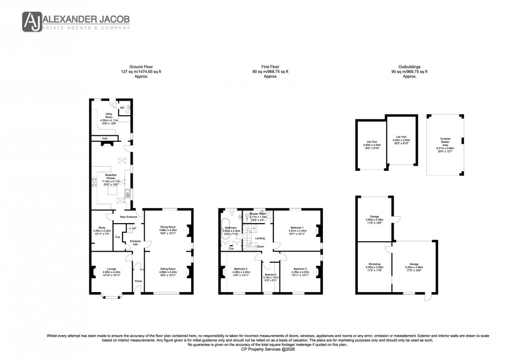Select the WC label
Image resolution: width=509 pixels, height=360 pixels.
122,107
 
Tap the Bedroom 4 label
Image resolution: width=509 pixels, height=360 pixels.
270,275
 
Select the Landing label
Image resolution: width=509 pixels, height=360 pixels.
260,238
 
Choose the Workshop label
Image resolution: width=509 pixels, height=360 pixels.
375,264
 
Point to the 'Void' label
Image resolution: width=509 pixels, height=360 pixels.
104,138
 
